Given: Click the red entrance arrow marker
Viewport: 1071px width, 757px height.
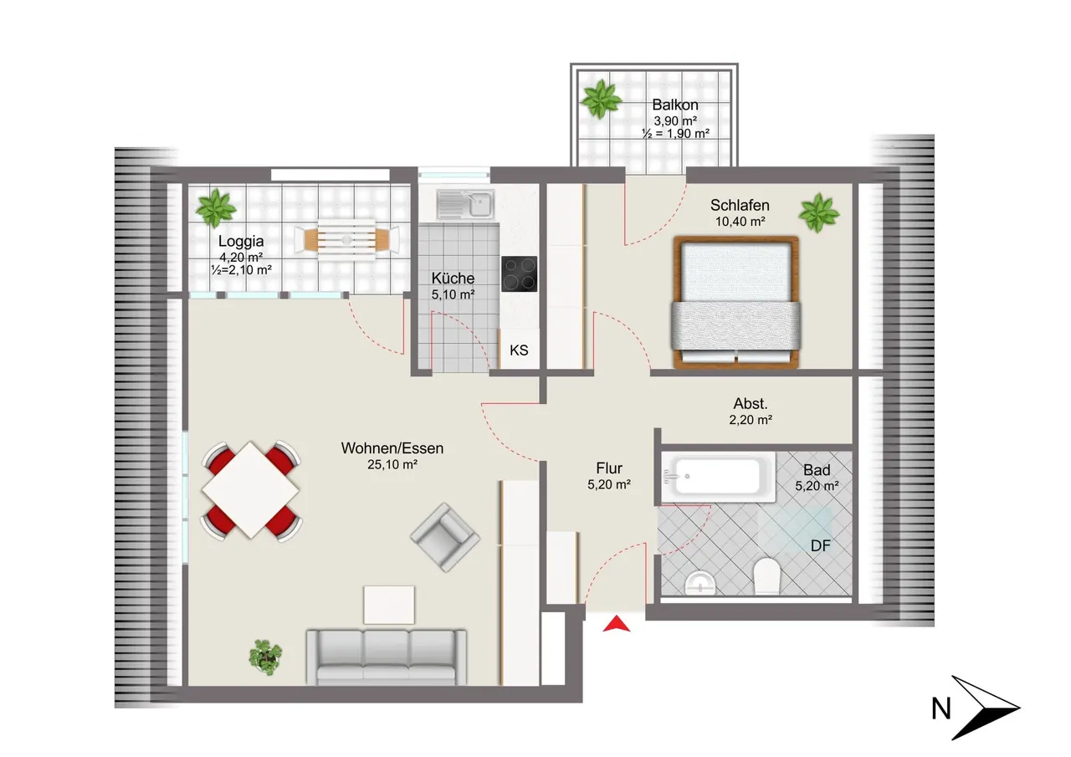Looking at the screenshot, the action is click(x=617, y=625).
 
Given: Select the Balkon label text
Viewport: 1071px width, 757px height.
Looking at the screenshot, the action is click(x=674, y=105).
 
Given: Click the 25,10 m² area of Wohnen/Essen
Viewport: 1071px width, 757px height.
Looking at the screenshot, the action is click(x=392, y=464).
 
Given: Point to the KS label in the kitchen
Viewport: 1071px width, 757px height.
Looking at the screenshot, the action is click(x=519, y=350).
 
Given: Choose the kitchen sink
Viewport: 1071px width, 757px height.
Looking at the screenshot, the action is click(x=465, y=204).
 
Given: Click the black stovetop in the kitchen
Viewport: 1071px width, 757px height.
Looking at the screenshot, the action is click(x=519, y=274).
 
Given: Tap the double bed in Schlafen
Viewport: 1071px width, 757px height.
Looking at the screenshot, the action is click(x=735, y=302).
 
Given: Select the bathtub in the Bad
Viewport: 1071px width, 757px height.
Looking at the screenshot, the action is click(x=718, y=477).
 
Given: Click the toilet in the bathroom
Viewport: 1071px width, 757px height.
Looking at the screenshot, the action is click(x=766, y=575).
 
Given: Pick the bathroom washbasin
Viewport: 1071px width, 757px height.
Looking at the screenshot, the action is click(x=699, y=583).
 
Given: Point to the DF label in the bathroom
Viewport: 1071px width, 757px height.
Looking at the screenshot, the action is click(x=821, y=545).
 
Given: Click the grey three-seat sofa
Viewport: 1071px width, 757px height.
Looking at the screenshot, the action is click(x=387, y=657).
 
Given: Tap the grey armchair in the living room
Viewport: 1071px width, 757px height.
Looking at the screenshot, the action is click(x=445, y=538).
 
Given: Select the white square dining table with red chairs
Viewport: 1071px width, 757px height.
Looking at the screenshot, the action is click(x=250, y=490).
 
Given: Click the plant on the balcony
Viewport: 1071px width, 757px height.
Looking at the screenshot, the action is click(x=601, y=100).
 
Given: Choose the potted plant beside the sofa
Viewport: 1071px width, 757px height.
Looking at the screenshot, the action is click(x=265, y=657).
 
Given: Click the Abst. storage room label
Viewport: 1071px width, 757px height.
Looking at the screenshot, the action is click(x=751, y=404).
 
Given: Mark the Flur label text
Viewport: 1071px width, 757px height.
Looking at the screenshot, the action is click(x=609, y=468).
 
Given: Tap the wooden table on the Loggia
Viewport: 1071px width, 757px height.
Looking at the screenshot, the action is click(x=346, y=239).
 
